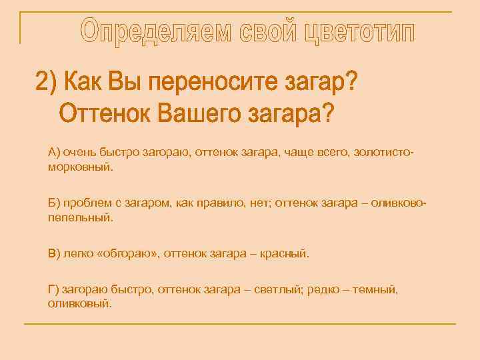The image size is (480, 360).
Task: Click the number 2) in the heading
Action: pos(47,85)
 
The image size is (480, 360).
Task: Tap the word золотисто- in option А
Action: pos(386,153)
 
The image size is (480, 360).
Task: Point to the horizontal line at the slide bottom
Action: pos(240,324)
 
